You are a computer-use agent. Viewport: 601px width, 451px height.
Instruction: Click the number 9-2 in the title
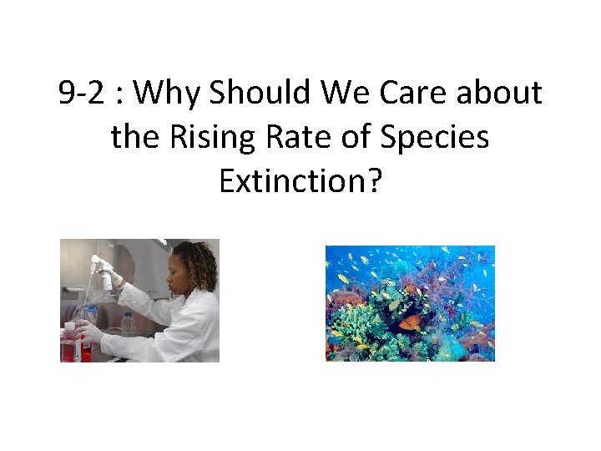point(83,94)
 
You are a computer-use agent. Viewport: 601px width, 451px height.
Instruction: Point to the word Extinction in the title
point(291,180)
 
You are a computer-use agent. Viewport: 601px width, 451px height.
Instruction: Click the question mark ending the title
point(373,180)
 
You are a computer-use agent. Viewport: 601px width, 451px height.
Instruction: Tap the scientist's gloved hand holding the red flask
point(89,333)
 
